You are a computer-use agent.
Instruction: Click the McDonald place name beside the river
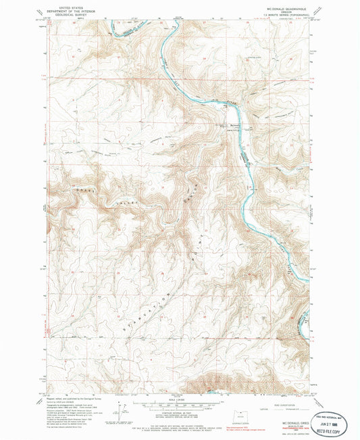point(223,126)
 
